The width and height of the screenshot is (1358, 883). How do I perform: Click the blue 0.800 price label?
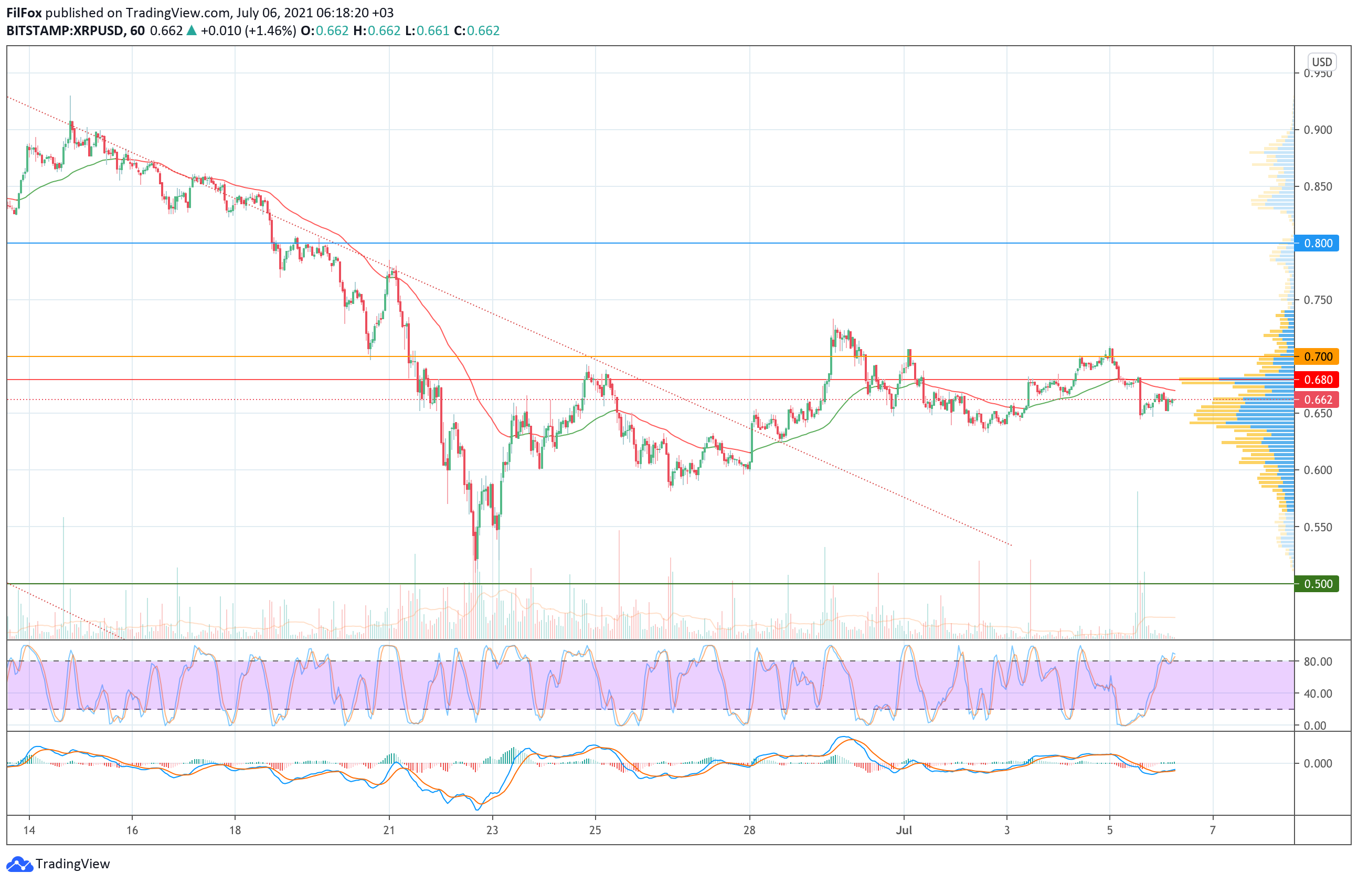pyautogui.click(x=1318, y=243)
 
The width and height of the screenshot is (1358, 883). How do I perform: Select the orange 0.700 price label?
pyautogui.click(x=1318, y=357)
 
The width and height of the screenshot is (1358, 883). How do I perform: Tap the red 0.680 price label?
pyautogui.click(x=1318, y=380)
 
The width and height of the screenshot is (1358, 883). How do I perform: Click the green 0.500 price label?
pyautogui.click(x=1318, y=584)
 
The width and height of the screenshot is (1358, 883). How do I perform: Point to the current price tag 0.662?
pyautogui.click(x=1318, y=400)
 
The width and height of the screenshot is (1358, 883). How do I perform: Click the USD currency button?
pyautogui.click(x=1321, y=61)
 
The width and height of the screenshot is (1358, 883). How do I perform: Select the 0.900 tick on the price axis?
pyautogui.click(x=1318, y=130)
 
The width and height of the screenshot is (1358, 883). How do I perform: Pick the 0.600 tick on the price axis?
pyautogui.click(x=1318, y=470)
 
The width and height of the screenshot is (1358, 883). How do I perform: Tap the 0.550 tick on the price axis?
pyautogui.click(x=1318, y=527)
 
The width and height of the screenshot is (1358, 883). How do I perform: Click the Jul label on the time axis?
pyautogui.click(x=904, y=830)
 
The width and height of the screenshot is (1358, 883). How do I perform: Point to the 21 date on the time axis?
pyautogui.click(x=389, y=830)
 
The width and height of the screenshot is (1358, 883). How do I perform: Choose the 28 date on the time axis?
pyautogui.click(x=749, y=830)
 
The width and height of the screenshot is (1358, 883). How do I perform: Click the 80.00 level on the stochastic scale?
pyautogui.click(x=1318, y=661)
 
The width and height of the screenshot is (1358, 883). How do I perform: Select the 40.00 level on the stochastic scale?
pyautogui.click(x=1318, y=693)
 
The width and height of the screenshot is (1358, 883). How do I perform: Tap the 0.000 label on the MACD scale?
pyautogui.click(x=1318, y=763)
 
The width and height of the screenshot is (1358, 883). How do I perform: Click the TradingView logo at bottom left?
pyautogui.click(x=58, y=864)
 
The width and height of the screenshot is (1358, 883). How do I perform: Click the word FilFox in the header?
pyautogui.click(x=24, y=13)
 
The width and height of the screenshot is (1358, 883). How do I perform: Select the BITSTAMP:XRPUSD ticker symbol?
pyautogui.click(x=65, y=31)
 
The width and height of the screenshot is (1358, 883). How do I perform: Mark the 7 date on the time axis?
pyautogui.click(x=1213, y=830)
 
